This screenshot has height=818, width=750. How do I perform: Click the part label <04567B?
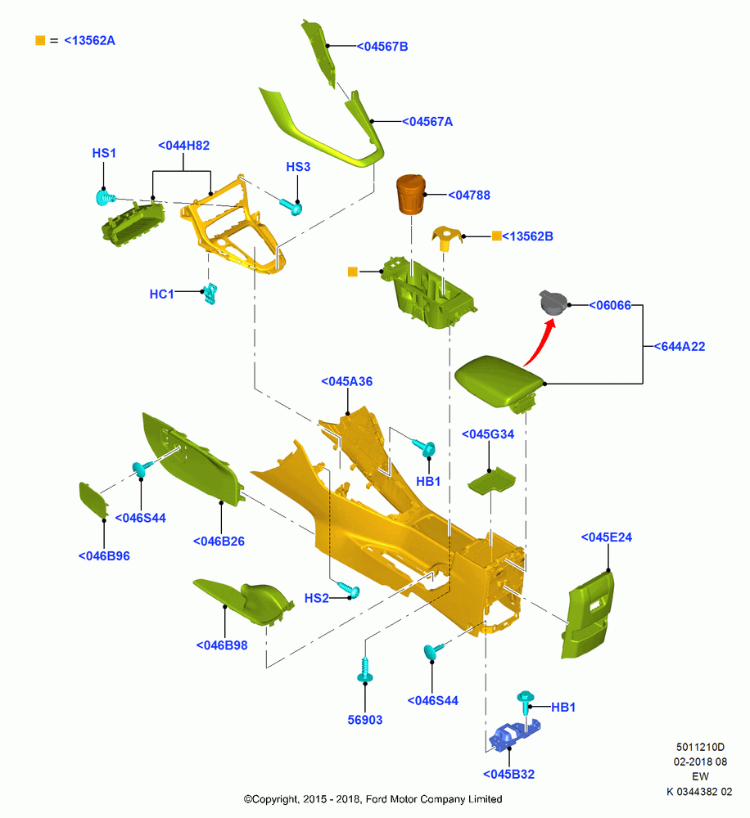(382, 47)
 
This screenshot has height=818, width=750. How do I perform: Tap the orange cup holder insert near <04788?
(411, 194)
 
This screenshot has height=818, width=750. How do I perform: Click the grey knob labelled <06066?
(553, 303)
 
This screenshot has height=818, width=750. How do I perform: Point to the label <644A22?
(680, 346)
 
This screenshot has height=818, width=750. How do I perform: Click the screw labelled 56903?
(364, 669)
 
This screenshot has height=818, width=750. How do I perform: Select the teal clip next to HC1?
(210, 293)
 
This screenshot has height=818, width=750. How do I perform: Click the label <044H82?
(184, 146)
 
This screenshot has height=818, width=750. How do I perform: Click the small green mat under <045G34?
(491, 480)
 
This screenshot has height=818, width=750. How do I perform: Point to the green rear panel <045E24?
(588, 614)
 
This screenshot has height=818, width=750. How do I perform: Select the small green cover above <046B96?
(93, 499)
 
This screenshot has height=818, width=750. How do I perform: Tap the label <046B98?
(221, 645)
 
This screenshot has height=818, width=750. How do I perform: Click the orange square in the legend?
(40, 41)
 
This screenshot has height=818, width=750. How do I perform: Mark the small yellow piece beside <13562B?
(446, 238)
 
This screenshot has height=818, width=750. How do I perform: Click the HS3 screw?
(291, 206)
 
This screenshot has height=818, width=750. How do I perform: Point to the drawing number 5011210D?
(700, 747)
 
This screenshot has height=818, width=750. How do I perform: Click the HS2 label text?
(317, 599)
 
